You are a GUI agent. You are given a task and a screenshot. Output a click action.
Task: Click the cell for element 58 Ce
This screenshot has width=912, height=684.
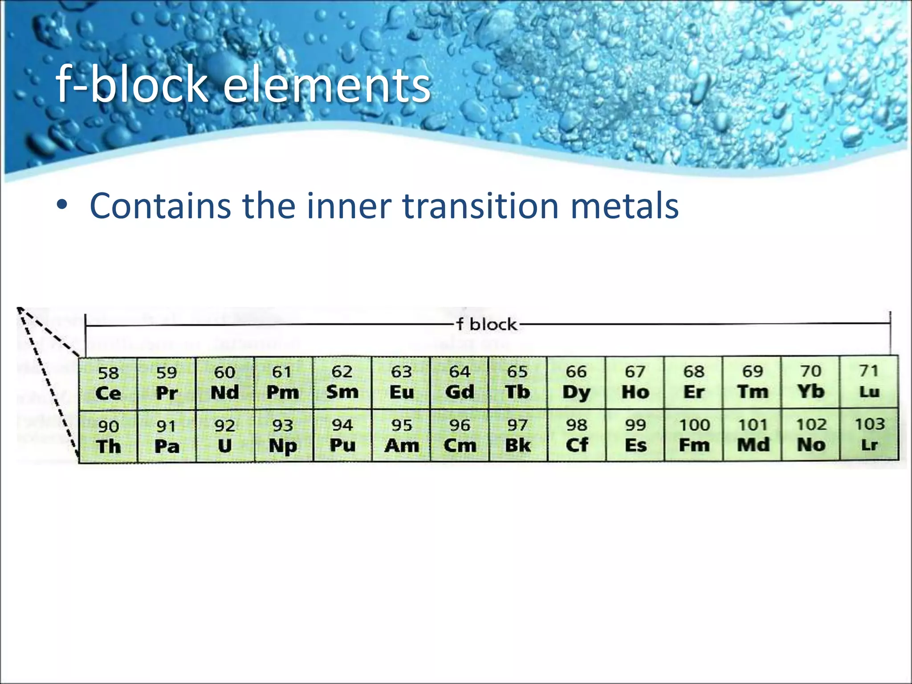click(108, 383)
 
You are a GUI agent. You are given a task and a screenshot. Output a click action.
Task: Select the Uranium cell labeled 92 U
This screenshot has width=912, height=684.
click(225, 436)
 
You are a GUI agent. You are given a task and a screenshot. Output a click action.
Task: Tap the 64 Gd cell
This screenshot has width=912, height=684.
click(460, 383)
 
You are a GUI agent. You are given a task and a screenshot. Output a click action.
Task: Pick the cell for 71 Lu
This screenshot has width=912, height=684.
click(869, 382)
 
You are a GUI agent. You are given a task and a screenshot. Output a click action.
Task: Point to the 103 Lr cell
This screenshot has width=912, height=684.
click(869, 435)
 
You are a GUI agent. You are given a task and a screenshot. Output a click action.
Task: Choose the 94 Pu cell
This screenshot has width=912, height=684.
click(342, 436)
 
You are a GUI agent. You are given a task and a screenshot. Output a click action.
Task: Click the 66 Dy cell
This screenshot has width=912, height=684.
click(576, 383)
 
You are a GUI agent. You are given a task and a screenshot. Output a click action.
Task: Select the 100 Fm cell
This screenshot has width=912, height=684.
click(694, 435)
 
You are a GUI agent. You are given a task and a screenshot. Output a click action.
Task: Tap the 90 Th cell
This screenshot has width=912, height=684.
click(108, 437)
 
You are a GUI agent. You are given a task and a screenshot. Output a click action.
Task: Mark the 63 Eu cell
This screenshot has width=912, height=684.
click(401, 383)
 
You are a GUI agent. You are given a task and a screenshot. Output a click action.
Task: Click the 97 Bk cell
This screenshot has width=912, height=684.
click(518, 436)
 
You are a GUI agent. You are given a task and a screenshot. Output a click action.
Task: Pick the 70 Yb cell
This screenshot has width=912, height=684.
click(810, 382)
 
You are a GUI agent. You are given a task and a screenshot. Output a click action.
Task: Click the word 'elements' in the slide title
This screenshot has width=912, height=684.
click(326, 85)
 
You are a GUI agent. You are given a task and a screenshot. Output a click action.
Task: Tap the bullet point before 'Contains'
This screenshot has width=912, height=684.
click(62, 205)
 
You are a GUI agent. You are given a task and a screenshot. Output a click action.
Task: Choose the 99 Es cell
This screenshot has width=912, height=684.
click(635, 435)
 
